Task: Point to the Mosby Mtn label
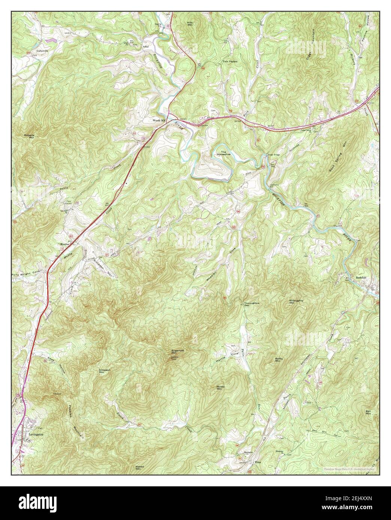tap(220, 388)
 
